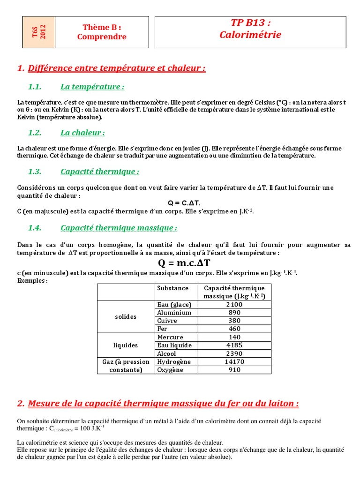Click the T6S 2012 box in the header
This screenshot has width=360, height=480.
(x=39, y=32)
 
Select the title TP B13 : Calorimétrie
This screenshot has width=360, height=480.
(x=250, y=29)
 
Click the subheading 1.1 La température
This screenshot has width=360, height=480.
(x=92, y=87)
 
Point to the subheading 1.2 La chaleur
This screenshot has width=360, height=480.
(x=82, y=133)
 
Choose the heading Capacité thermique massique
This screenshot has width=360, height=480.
(x=119, y=228)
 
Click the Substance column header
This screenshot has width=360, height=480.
(x=172, y=288)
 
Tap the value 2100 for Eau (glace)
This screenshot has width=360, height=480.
(x=234, y=305)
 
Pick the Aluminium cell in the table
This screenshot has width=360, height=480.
(x=174, y=313)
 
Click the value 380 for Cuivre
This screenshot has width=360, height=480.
(x=234, y=321)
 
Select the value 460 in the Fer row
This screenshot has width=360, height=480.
(x=234, y=329)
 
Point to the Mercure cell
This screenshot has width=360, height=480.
(x=170, y=337)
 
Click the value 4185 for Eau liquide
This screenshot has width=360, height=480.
(x=234, y=345)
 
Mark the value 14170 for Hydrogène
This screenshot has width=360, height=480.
(x=234, y=361)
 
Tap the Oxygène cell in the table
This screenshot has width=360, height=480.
(x=171, y=370)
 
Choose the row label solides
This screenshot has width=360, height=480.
(x=126, y=317)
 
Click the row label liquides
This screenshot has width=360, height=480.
(x=126, y=345)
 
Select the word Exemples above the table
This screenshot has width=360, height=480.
(x=32, y=280)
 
